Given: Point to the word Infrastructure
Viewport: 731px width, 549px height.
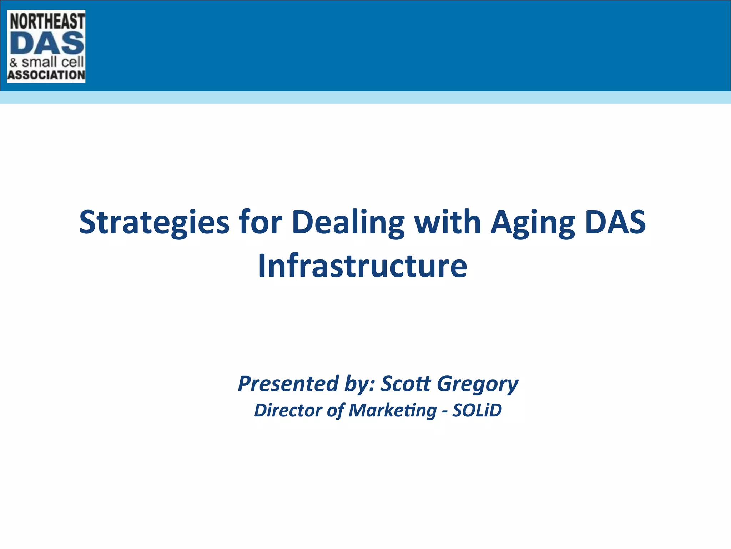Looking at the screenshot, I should tap(362, 266).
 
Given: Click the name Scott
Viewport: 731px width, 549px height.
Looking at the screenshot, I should tap(406, 384).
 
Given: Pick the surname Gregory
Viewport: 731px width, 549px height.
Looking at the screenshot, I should tap(478, 384).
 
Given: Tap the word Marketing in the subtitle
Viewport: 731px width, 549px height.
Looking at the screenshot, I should tap(393, 410).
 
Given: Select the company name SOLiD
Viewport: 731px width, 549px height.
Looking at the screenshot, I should tap(477, 410).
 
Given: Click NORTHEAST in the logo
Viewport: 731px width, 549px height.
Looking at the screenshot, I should tap(47, 21).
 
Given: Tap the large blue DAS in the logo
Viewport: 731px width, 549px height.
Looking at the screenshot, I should tap(47, 44).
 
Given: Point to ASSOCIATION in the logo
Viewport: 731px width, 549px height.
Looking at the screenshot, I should tap(46, 75).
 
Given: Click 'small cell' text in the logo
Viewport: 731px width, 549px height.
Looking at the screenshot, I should tap(52, 62).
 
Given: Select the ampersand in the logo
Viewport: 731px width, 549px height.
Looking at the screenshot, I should tap(14, 63).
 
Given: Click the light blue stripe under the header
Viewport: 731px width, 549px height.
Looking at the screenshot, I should tap(365, 97).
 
